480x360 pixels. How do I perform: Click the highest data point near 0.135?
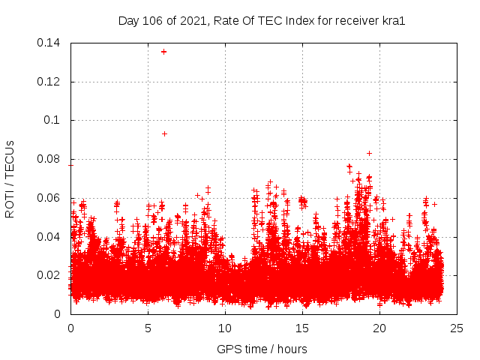click(163, 52)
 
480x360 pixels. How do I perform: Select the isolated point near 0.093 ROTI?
click(164, 133)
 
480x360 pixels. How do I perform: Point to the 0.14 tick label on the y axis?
click(49, 43)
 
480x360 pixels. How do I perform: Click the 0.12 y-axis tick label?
click(49, 82)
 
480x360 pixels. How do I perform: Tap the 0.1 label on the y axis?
click(54, 120)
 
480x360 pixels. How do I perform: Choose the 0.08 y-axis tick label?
click(49, 159)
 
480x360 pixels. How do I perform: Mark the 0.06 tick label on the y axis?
click(49, 198)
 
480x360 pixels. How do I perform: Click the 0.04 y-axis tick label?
click(49, 237)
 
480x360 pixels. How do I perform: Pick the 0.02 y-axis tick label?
click(49, 275)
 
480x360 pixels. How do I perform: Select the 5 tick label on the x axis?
click(148, 328)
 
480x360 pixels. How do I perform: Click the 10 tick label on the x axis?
click(225, 328)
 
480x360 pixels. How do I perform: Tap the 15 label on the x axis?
click(302, 328)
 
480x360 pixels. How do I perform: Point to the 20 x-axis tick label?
click(379, 328)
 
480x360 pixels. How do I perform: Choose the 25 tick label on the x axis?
click(457, 328)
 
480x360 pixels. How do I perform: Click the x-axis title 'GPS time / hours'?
click(262, 349)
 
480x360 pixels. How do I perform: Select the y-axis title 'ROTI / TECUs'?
click(10, 178)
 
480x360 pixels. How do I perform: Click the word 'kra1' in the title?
click(394, 20)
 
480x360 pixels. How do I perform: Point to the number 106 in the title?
click(153, 20)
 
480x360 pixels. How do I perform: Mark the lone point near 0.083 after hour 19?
click(369, 153)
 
